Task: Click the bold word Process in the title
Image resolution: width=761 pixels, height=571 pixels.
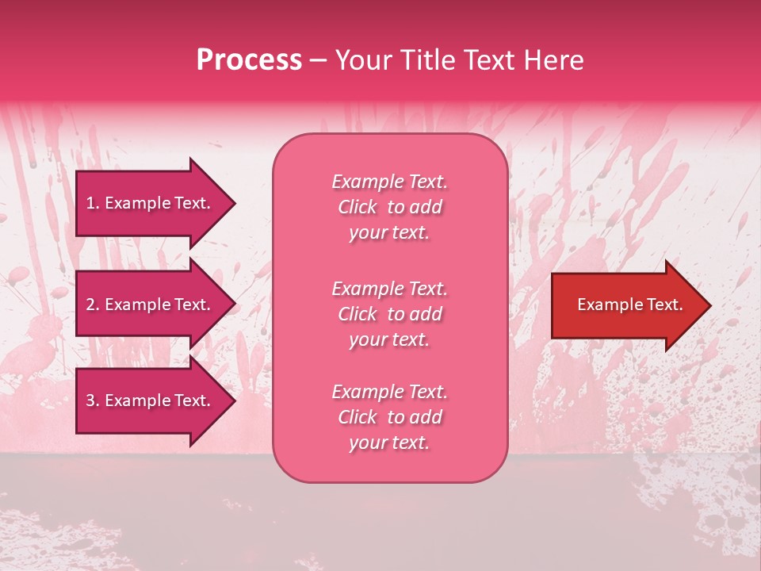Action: coord(249,60)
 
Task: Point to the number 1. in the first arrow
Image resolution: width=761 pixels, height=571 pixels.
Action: coord(93,203)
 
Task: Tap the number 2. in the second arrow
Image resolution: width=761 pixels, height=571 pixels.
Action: coord(93,305)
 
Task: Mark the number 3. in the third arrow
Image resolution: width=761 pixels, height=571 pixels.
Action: coord(93,400)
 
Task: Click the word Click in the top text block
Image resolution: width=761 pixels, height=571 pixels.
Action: coord(358,207)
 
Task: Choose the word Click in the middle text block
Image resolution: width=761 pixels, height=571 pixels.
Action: coord(358,314)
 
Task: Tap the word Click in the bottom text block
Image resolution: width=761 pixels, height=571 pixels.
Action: coord(358,417)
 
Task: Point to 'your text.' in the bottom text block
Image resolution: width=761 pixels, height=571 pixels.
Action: coord(389,443)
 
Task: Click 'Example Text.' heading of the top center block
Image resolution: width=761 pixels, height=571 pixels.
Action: coord(389,182)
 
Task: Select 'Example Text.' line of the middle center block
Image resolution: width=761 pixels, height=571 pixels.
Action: coord(389,289)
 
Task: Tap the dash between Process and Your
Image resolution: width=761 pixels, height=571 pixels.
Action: coord(318,61)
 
